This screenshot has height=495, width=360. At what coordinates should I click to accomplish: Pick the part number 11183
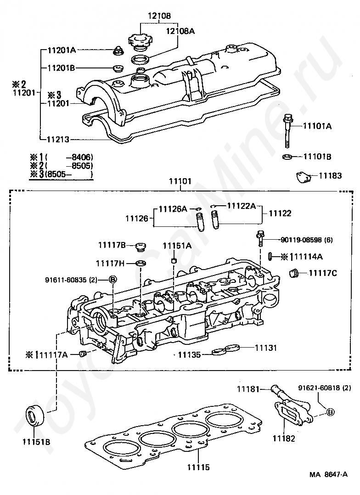click(331, 175)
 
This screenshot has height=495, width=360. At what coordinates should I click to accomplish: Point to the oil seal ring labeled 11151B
click(33, 417)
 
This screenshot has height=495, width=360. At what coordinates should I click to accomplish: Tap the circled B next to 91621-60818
click(329, 412)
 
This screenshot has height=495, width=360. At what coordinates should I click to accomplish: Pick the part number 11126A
click(173, 209)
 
